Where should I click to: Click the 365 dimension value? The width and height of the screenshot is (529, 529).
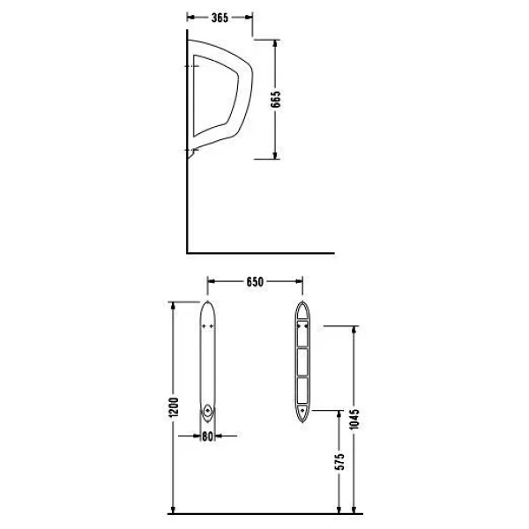[220, 18]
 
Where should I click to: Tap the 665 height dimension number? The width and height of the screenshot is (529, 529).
[275, 99]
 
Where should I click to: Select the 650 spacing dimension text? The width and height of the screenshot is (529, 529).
[255, 282]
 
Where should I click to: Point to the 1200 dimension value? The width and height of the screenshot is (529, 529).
[174, 407]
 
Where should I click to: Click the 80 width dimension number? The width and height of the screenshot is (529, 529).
[207, 436]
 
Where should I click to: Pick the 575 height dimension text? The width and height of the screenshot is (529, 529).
[340, 461]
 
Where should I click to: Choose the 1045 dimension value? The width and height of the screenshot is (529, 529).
[354, 420]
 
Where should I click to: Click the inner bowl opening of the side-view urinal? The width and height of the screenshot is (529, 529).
[216, 96]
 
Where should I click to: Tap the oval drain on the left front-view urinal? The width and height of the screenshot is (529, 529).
[208, 412]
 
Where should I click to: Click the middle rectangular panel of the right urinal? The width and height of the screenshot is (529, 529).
[302, 362]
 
